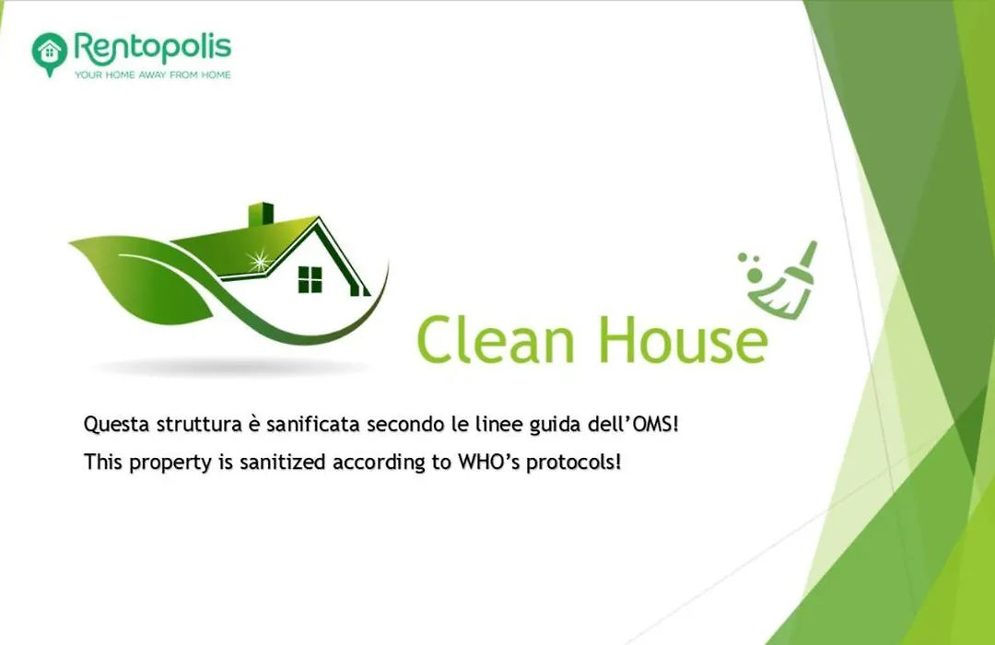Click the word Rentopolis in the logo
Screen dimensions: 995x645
(x=153, y=48)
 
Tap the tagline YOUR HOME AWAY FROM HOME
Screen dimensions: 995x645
(x=152, y=75)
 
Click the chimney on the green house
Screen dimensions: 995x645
(x=260, y=215)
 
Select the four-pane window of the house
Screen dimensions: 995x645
(x=310, y=279)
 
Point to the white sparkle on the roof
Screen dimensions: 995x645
(x=259, y=260)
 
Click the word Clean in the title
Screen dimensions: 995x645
(x=496, y=339)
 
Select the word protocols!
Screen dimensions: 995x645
(x=574, y=463)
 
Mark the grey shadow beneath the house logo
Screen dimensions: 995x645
(x=228, y=367)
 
